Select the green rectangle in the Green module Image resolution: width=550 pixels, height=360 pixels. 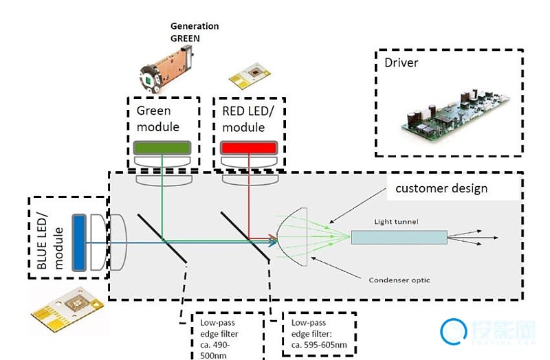[162, 148]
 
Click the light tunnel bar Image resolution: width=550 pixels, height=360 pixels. [398, 237]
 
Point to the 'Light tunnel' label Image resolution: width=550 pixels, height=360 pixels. [397, 221]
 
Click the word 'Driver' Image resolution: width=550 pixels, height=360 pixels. [401, 63]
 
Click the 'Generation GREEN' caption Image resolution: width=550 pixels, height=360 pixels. [195, 32]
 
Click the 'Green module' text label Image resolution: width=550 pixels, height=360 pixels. [158, 118]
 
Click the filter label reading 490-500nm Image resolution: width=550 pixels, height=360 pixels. [221, 337]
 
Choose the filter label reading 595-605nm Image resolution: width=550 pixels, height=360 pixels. [318, 333]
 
